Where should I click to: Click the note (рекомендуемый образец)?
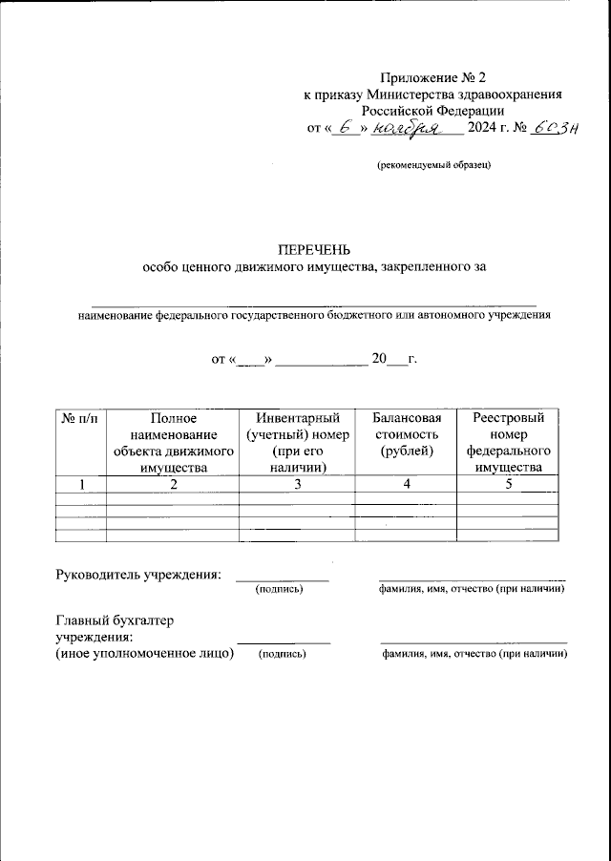point(433,165)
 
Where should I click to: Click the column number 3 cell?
point(295,485)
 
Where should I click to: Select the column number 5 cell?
point(508,485)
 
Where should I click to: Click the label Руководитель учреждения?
point(139,575)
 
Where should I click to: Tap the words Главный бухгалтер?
point(116,620)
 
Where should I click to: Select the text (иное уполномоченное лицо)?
point(145,653)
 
